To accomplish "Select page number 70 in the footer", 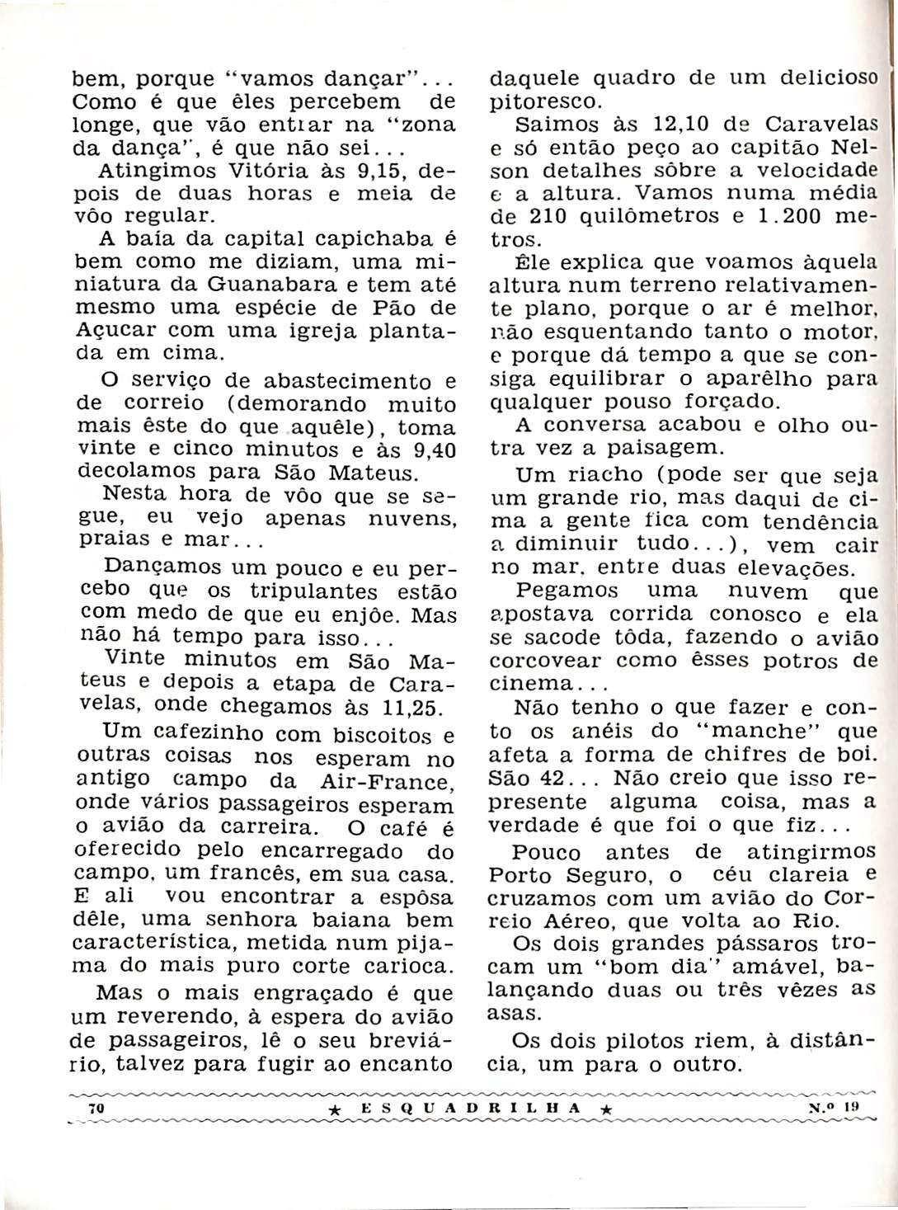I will click(95, 1110).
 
